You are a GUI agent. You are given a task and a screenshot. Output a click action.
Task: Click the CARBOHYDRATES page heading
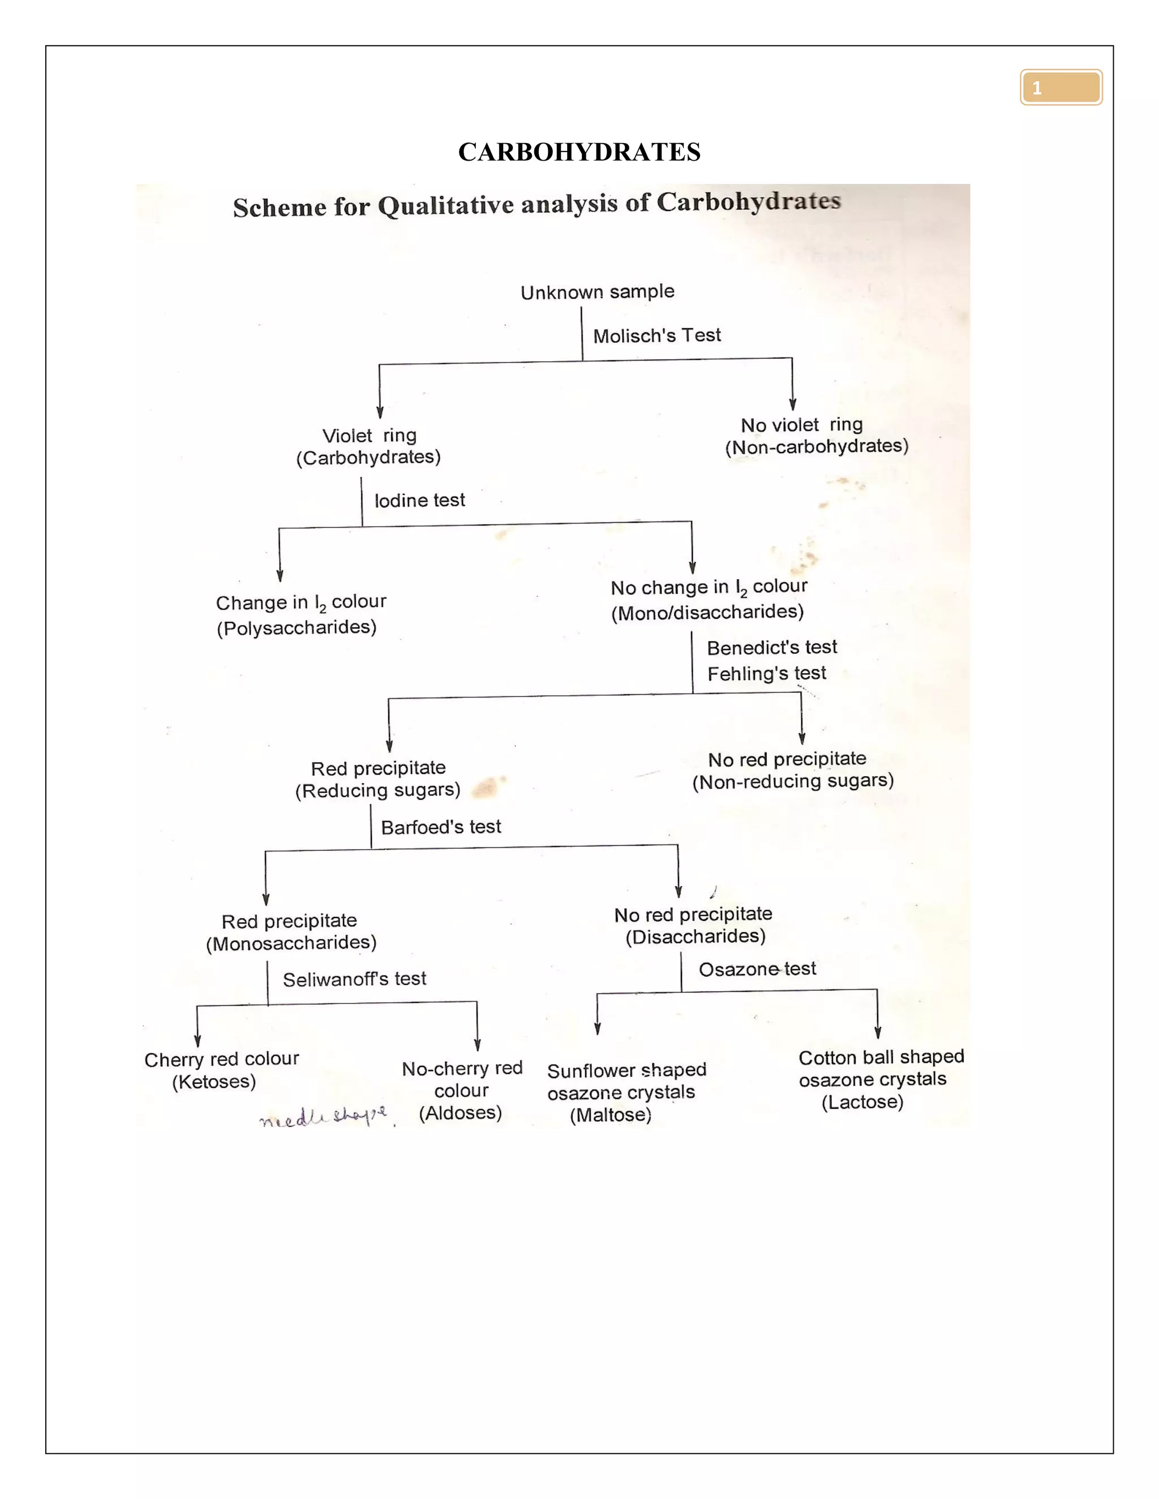(579, 152)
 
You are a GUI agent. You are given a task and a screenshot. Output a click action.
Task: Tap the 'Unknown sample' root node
(598, 292)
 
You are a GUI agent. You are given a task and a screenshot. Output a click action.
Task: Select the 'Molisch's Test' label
(656, 335)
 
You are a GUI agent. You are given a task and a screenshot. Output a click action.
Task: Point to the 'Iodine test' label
(419, 501)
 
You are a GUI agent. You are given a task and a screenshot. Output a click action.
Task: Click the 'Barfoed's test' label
(441, 827)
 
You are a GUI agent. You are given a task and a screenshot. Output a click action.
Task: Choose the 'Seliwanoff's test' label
(354, 979)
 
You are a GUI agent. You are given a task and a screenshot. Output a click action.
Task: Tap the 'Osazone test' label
(757, 969)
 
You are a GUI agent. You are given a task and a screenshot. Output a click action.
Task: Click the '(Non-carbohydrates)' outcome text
(817, 447)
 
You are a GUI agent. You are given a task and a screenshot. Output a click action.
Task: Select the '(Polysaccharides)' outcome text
(297, 627)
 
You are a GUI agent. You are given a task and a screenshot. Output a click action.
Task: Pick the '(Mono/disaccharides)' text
(707, 612)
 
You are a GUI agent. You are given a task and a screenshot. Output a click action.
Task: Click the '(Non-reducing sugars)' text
(792, 782)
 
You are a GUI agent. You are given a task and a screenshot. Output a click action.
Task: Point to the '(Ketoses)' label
(213, 1082)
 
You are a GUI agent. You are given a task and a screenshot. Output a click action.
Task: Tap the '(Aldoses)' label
(460, 1113)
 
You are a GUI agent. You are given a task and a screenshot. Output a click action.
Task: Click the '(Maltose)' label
(611, 1115)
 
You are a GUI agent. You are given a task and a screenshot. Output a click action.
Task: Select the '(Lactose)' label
(862, 1102)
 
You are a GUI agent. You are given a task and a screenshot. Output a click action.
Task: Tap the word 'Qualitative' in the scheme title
(448, 205)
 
